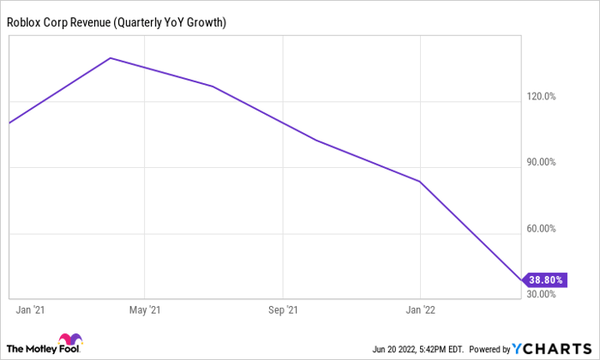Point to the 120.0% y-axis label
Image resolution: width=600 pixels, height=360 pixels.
point(542,97)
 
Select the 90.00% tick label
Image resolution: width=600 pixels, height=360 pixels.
point(542,163)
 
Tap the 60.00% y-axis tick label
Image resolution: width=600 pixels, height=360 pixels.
point(542,229)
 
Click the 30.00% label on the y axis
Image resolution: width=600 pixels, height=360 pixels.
point(542,294)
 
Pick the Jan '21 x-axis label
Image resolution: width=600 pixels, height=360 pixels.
point(32,309)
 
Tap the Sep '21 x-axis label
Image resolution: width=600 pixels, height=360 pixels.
point(284,309)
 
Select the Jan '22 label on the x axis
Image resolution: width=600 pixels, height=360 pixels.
point(419,309)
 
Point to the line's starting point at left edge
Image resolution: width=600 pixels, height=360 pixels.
point(9,123)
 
